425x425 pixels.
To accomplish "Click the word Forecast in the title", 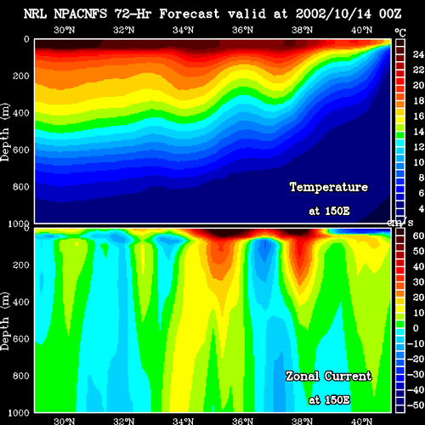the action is [x=190, y=14].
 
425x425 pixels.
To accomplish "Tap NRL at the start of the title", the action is [x=35, y=14].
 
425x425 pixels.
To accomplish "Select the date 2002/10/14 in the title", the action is [x=333, y=14].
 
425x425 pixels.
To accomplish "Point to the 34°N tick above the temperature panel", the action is [x=184, y=30].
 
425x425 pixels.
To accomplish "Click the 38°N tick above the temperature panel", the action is [x=303, y=30].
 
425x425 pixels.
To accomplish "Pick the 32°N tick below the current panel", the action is [x=124, y=422].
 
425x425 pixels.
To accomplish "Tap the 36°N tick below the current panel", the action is [x=243, y=422].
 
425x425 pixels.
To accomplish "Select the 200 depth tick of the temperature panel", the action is [x=20, y=76].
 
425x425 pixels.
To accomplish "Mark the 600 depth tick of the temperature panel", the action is [x=20, y=150].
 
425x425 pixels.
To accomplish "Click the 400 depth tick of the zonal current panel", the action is [x=20, y=302].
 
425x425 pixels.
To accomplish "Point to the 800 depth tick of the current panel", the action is [x=20, y=376].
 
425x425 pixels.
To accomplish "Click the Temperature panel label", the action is [x=329, y=187].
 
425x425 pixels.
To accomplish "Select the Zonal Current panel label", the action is [x=329, y=377].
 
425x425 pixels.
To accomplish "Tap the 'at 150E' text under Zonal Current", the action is [x=329, y=400].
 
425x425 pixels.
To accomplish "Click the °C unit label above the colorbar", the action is [x=400, y=33].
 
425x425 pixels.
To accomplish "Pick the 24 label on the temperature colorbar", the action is [x=418, y=54].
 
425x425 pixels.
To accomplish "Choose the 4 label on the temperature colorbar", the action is [x=422, y=209].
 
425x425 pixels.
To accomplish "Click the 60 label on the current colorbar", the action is [x=418, y=235].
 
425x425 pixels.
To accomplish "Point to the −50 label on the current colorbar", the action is [x=416, y=405].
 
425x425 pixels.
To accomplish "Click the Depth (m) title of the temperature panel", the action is [x=5, y=132].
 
